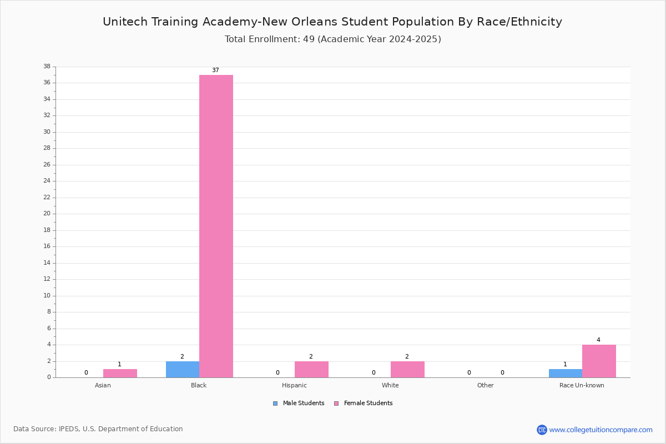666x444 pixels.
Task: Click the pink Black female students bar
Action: point(216,226)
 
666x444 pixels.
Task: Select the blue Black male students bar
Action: point(183,370)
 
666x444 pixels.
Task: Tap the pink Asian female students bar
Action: point(120,374)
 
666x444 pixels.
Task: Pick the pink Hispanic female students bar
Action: point(311,370)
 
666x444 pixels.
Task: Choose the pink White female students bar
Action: point(407,370)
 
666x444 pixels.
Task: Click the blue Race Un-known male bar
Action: point(566,374)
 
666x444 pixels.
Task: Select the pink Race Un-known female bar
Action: point(599,361)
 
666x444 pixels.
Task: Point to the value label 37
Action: point(215,70)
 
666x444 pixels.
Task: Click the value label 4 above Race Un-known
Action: point(598,340)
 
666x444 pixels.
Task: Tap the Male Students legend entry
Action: point(299,403)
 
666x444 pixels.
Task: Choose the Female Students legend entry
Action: point(364,403)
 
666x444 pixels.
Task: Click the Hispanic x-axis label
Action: point(294,385)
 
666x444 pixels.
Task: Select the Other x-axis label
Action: point(486,385)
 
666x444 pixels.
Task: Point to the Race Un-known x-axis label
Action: point(582,385)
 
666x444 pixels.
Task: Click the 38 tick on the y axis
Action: point(47,66)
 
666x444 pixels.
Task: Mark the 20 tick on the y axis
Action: point(47,214)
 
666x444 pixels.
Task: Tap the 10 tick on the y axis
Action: point(47,296)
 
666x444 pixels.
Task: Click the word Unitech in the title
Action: point(125,22)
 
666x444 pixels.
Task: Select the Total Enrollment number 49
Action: point(309,39)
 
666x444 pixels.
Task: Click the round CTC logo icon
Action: point(542,430)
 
